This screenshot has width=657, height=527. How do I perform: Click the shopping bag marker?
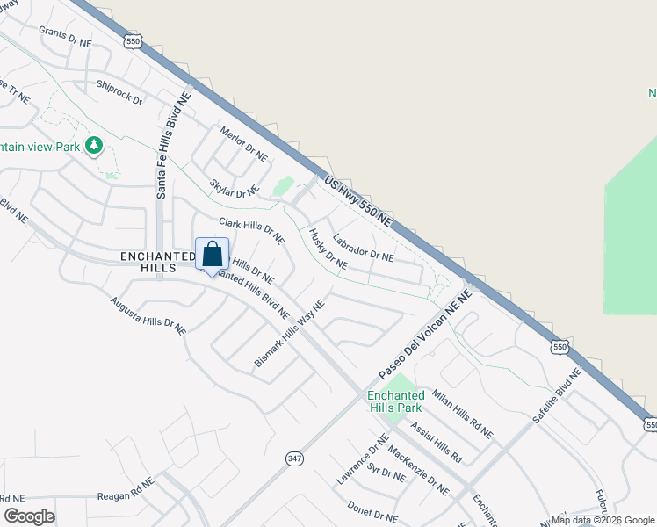(x=212, y=256)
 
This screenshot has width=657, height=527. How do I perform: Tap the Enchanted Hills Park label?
(x=394, y=401)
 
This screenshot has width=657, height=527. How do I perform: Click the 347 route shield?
(x=293, y=458)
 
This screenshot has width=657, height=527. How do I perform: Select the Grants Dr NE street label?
(x=65, y=36)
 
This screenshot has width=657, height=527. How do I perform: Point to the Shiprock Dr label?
(x=119, y=92)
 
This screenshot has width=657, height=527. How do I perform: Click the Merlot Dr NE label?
(x=243, y=142)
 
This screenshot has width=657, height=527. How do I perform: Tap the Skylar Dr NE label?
(x=235, y=188)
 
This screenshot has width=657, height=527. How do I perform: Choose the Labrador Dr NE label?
(x=363, y=248)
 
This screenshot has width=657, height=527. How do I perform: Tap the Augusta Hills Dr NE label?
(x=148, y=315)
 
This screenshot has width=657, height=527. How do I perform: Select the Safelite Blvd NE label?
(x=557, y=397)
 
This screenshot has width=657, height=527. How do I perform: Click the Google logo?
(x=28, y=516)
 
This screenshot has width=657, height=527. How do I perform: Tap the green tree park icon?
(x=92, y=145)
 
